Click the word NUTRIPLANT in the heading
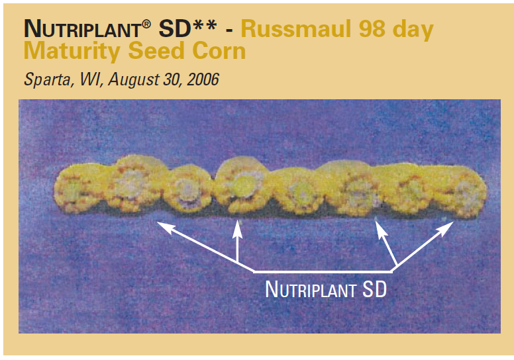click(x=82, y=29)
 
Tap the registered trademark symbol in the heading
click(x=146, y=24)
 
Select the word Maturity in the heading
click(x=72, y=52)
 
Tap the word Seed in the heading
click(x=156, y=51)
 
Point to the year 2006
click(x=203, y=79)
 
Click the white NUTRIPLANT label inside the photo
click(x=310, y=290)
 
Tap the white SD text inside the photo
click(x=374, y=290)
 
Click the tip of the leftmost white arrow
click(x=157, y=222)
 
